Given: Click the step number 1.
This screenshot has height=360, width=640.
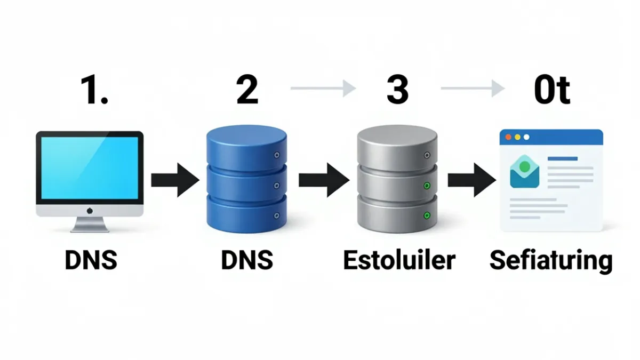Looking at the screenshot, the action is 94,90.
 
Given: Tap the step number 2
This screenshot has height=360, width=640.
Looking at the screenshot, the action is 247,90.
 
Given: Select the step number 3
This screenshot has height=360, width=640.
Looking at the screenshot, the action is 397,90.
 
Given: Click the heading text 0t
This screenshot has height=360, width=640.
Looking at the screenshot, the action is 552,90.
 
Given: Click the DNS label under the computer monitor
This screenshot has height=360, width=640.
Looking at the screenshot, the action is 91,260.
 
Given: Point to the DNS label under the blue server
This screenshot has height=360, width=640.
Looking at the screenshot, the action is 247,260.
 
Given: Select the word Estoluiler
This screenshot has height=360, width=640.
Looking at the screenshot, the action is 399,260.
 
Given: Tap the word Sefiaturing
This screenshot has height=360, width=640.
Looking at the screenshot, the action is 551,261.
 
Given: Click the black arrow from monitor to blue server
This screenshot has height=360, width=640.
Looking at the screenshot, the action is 175,180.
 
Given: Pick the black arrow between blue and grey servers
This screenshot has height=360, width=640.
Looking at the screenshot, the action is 324,180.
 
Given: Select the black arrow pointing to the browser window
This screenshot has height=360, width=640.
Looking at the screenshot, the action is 472,180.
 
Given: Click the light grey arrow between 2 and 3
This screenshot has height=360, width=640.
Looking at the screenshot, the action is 323,89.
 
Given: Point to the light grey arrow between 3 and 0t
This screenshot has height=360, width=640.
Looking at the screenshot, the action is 473,89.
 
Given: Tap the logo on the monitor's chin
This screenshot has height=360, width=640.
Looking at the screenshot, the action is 90,211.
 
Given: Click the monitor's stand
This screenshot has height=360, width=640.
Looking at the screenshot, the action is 90,225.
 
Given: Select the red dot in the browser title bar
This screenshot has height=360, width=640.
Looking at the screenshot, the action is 508,137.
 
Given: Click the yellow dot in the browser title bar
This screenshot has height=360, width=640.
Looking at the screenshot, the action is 517,137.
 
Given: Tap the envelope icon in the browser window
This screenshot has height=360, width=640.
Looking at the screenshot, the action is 525,171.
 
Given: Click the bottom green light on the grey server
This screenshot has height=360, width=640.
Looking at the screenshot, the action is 427,215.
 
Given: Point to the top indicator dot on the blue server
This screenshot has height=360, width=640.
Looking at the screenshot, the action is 277,155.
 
